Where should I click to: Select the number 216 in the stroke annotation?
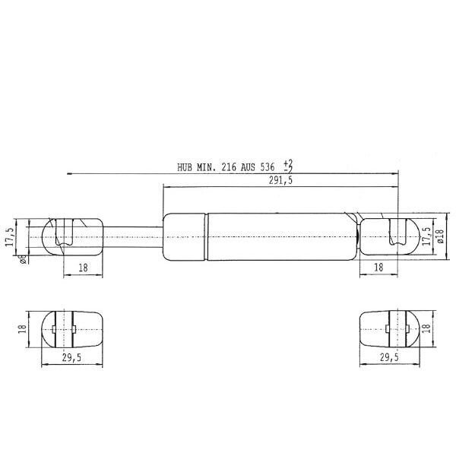click(x=229, y=167)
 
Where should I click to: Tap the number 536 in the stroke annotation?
click(x=267, y=167)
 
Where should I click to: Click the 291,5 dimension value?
click(x=280, y=181)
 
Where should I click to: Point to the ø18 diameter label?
click(x=440, y=236)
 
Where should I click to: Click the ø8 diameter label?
click(x=24, y=259)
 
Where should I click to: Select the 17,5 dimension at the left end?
click(x=10, y=236)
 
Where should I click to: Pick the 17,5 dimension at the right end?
click(x=427, y=236)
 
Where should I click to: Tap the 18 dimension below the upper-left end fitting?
click(x=83, y=268)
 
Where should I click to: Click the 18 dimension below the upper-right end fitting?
click(x=378, y=268)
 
